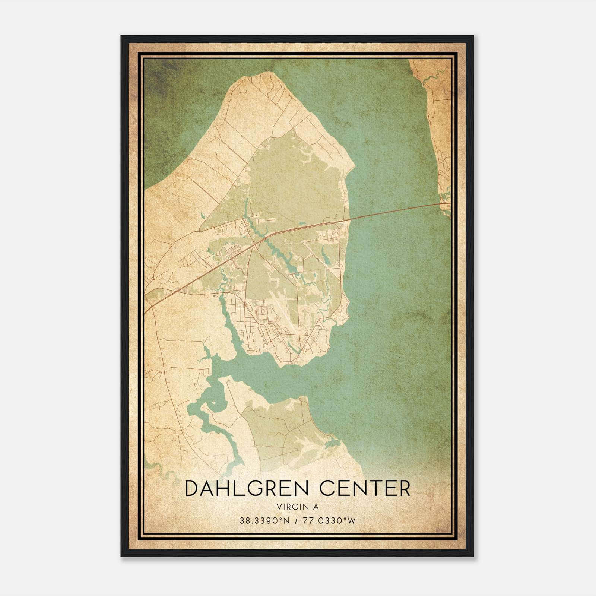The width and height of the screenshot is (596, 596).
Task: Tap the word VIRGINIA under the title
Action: [x=298, y=507]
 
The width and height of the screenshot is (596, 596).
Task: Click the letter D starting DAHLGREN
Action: [x=193, y=488]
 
